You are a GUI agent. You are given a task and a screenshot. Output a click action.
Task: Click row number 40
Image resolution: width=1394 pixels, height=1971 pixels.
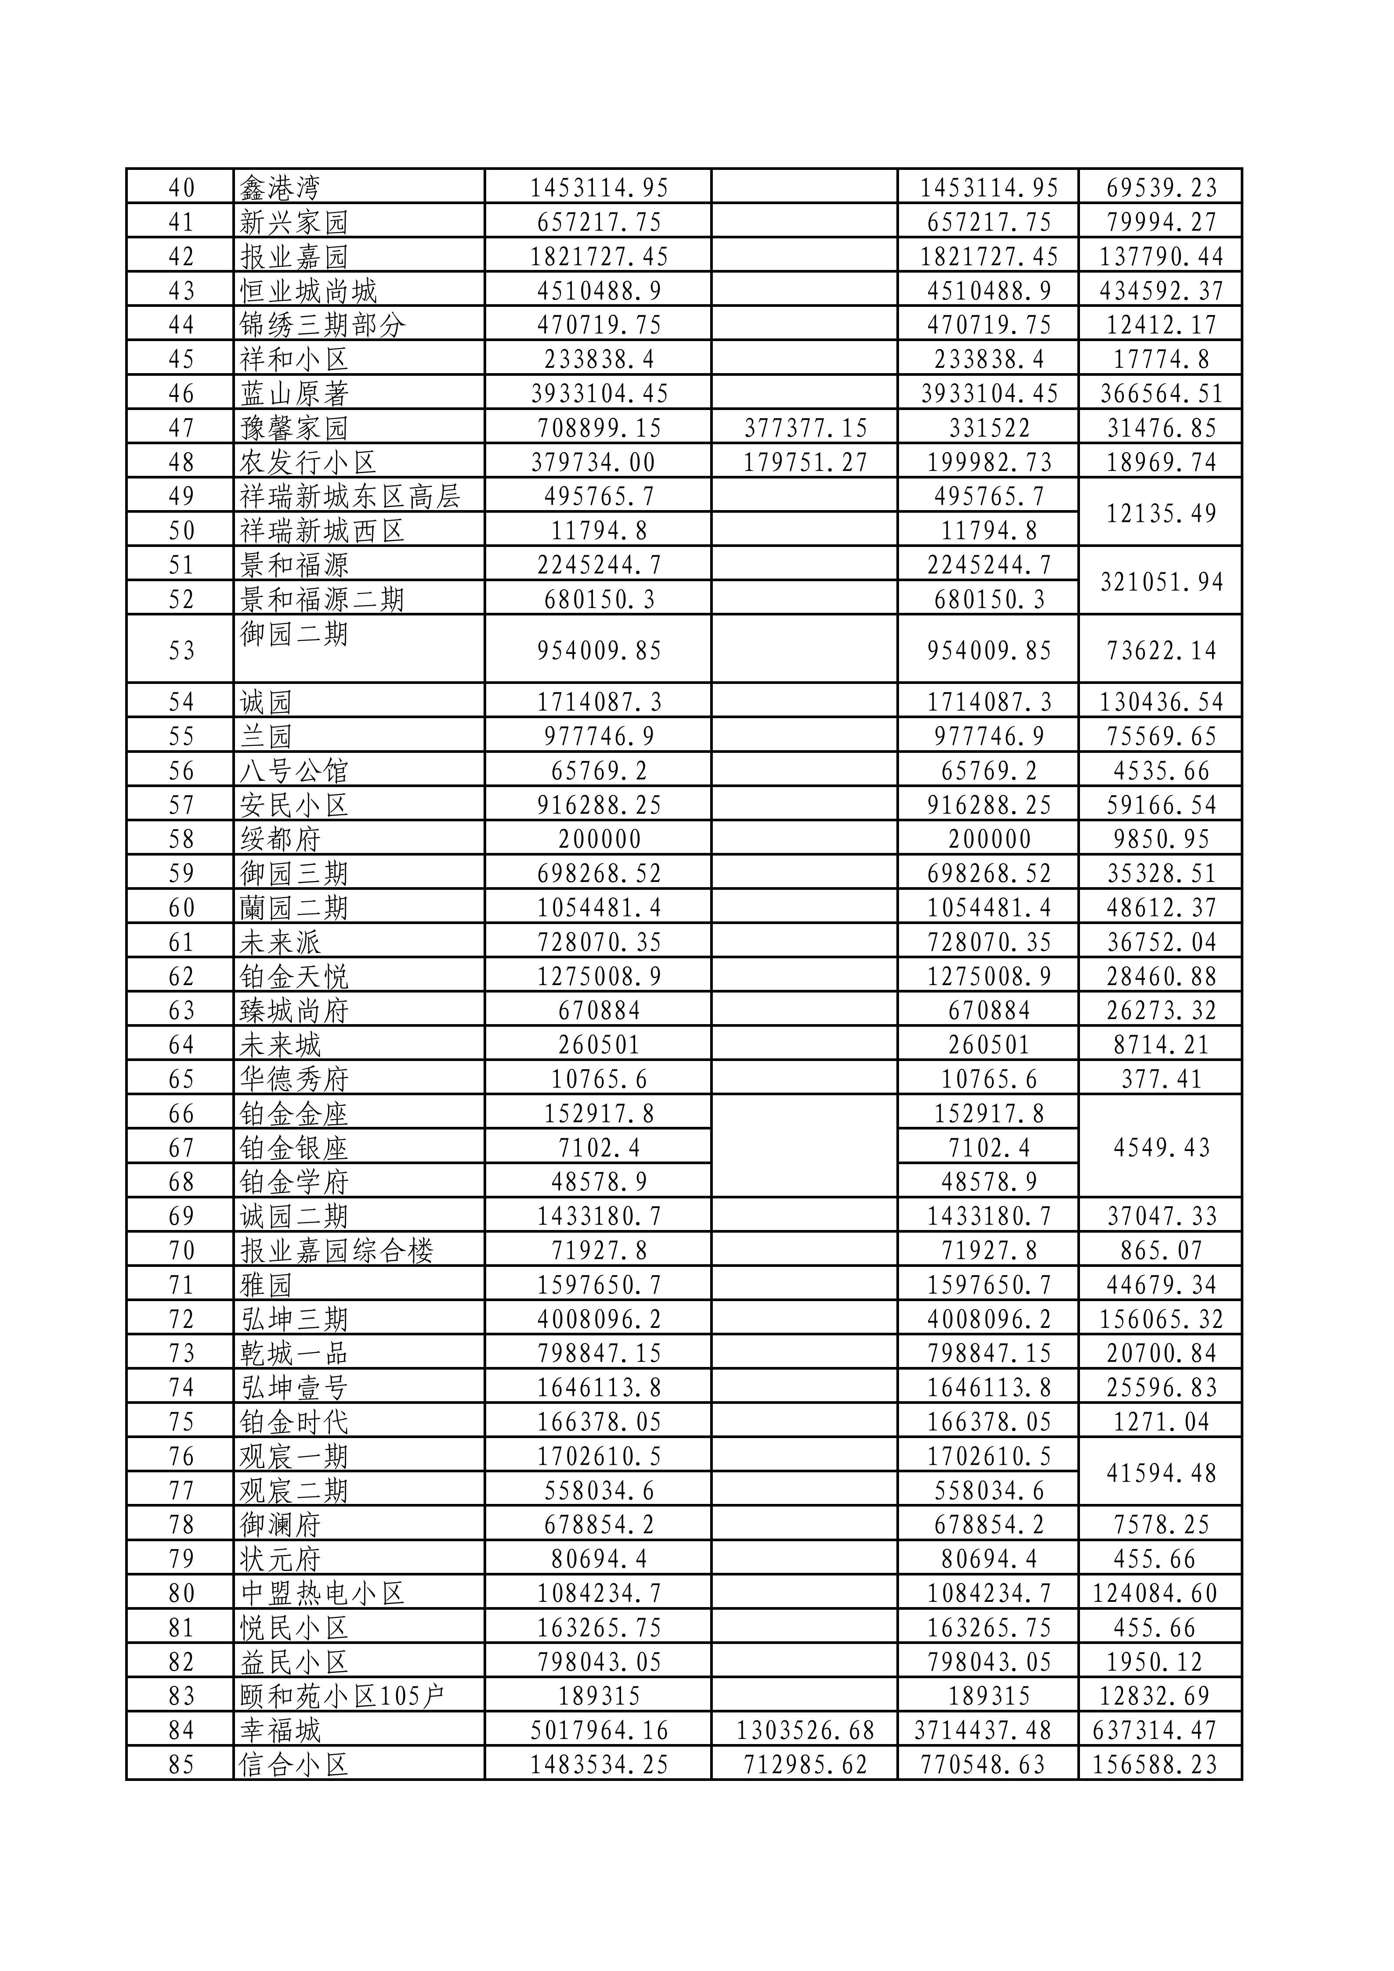point(181,187)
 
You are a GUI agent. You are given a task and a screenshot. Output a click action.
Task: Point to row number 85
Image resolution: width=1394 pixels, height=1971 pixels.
point(181,1764)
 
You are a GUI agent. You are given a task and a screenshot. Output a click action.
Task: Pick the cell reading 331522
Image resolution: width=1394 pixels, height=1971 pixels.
point(989,428)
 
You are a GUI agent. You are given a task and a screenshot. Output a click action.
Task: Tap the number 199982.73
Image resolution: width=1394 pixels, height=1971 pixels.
point(989,462)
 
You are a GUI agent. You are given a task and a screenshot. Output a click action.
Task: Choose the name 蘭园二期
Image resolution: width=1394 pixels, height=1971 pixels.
point(294,907)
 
